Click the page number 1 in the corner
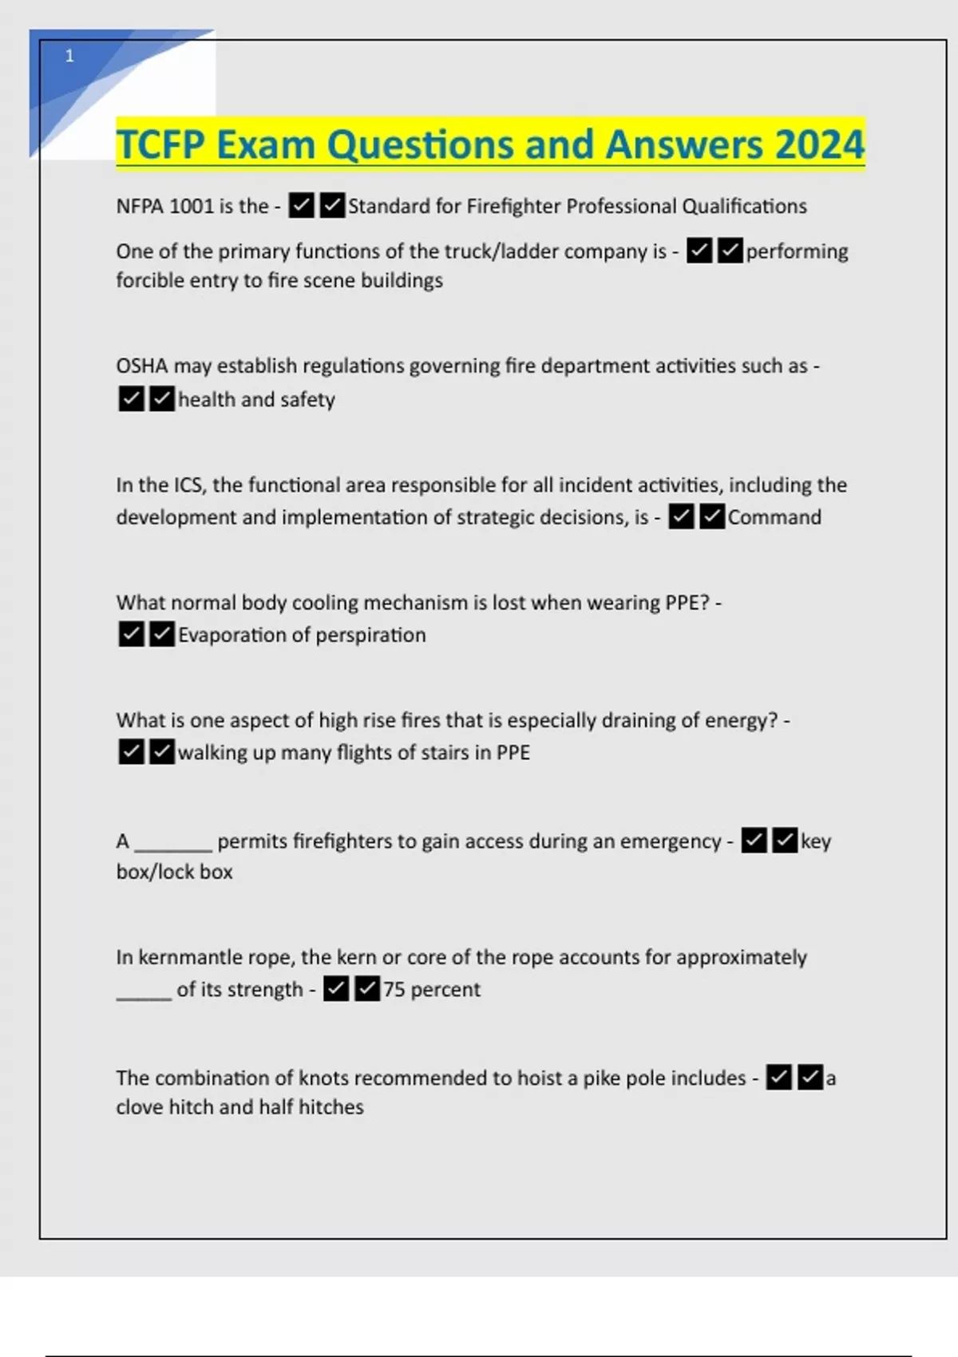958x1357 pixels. (69, 56)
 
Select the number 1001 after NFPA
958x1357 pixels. (191, 207)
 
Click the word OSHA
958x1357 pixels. (141, 366)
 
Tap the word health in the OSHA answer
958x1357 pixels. (207, 399)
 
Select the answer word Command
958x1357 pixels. (774, 517)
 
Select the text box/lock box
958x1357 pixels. (174, 872)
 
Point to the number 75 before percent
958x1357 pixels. (394, 990)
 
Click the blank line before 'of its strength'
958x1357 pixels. (144, 994)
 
